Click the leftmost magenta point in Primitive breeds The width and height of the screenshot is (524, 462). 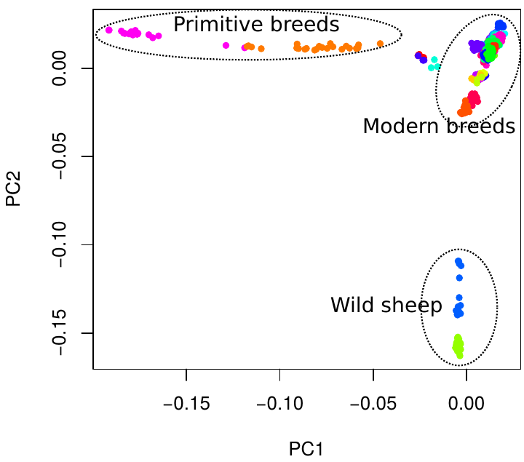pos(109,30)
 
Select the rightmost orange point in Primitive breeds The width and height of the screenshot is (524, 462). pos(381,43)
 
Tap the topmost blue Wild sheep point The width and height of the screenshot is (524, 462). pos(458,261)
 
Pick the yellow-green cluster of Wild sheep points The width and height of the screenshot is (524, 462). pos(458,346)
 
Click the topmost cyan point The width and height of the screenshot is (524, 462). pos(434,60)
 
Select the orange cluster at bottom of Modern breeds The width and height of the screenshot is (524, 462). pos(464,111)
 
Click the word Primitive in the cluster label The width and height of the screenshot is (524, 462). pos(215,25)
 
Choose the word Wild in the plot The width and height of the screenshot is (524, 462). pos(353,306)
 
